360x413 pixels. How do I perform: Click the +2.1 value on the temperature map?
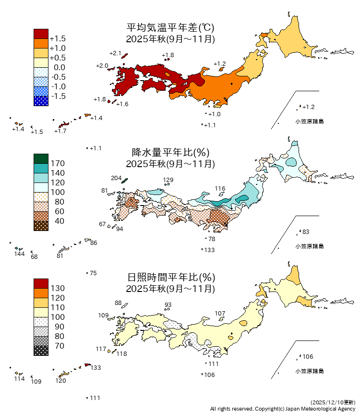pos(115,53)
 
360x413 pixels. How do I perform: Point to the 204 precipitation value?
pos(116,178)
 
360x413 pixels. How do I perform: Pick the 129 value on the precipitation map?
pos(168,181)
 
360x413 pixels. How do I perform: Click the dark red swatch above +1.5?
pos(41,34)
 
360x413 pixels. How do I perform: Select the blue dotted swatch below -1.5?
pos(41,101)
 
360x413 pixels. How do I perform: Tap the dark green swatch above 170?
pos(41,158)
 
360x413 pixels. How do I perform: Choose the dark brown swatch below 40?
pos(41,226)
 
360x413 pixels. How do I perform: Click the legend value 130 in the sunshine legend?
pos(58,288)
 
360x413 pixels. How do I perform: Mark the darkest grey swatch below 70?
pos(41,351)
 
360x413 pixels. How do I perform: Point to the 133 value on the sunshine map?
pos(96,368)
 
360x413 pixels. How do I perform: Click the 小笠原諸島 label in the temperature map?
pos(309,121)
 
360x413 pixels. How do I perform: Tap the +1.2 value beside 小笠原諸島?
pos(309,107)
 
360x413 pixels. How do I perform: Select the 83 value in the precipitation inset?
pos(306,232)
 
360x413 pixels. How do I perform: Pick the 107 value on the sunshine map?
pos(220,314)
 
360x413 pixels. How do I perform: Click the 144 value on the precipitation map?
pos(19,254)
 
